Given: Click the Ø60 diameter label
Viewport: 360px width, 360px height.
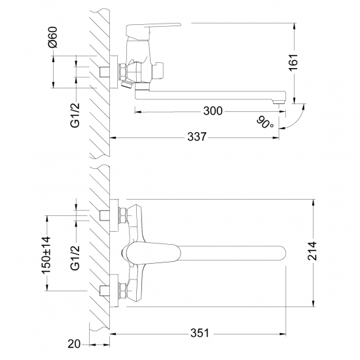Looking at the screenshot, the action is tap(53, 37).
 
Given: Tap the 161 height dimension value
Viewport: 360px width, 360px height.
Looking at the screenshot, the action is tap(293, 62).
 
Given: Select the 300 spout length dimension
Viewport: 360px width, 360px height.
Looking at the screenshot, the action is tap(213, 111).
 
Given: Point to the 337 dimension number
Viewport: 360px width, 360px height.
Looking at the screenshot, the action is tap(197, 137).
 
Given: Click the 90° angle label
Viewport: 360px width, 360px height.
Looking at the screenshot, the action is tap(265, 123).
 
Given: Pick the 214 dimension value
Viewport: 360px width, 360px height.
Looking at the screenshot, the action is tap(312, 251).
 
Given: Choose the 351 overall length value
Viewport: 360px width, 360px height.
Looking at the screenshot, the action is tap(200, 333).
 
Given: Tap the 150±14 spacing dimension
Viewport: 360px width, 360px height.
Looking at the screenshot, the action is tap(46, 255).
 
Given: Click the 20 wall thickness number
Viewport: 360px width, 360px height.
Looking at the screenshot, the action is tap(74, 344).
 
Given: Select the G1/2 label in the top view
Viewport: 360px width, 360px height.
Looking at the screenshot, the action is tap(75, 115).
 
